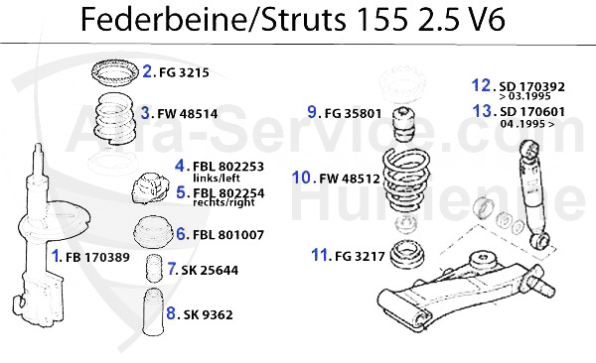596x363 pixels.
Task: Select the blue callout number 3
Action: pyautogui.click(x=145, y=113)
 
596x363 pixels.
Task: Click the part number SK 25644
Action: pyautogui.click(x=211, y=269)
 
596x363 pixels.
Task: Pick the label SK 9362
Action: pyautogui.click(x=208, y=314)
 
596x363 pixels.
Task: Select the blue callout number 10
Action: pyautogui.click(x=303, y=179)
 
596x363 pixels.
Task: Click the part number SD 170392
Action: pyautogui.click(x=536, y=85)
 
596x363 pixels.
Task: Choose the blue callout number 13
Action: pyautogui.click(x=483, y=111)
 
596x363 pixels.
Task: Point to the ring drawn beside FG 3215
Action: pyautogui.click(x=110, y=71)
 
